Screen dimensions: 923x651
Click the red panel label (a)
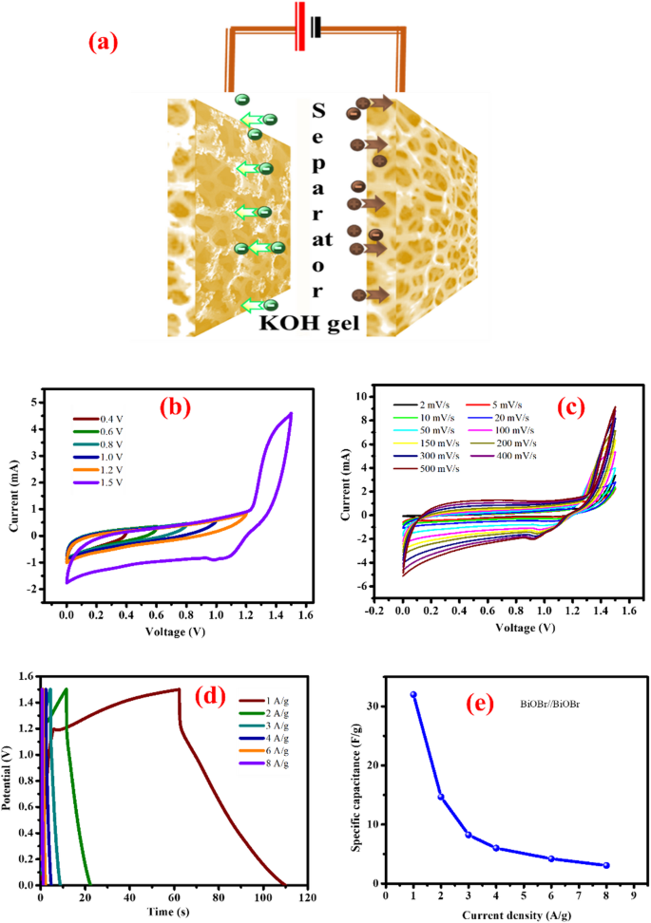(x=105, y=43)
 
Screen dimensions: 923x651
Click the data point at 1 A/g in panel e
(x=413, y=694)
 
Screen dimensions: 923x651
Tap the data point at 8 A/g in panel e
(x=606, y=865)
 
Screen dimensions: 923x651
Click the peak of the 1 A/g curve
(x=180, y=689)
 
